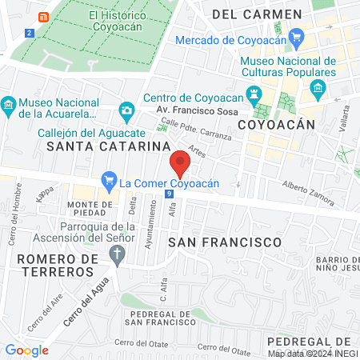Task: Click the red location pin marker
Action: click(180, 163)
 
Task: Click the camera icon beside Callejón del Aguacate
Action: click(126, 110)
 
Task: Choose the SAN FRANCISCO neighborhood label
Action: click(226, 241)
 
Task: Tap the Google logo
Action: click(26, 350)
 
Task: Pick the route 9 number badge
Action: click(170, 194)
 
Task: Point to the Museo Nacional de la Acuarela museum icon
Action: click(8, 105)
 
